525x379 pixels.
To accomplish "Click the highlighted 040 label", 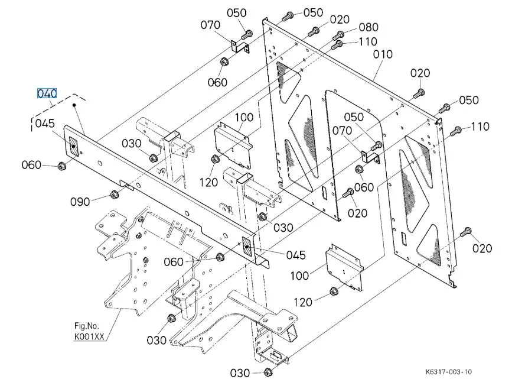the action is coord(47,93).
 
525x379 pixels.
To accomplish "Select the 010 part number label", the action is coord(383,54).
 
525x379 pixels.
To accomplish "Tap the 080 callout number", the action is coord(369,27).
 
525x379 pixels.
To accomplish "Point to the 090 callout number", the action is coord(80,202).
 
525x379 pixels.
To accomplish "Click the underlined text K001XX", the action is coord(89,336).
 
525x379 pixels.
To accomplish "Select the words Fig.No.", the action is coord(87,325).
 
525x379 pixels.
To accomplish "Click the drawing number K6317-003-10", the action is coord(449,372).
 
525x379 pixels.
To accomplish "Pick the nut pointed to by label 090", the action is coord(114,195).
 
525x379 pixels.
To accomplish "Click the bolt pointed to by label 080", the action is coord(338,35).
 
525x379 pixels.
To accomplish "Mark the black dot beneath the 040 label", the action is coord(74,105).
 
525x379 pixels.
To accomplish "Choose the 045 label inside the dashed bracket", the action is coord(45,123).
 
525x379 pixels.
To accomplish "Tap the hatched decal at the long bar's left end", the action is coord(73,146).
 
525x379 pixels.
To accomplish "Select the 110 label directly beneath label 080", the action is coord(368,41).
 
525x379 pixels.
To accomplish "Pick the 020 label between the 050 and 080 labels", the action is coord(340,20).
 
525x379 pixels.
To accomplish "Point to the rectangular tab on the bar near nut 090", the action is coord(127,184).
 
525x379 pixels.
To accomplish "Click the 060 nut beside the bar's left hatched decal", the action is coord(61,166).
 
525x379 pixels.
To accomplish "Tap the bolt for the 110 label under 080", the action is coord(337,44).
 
